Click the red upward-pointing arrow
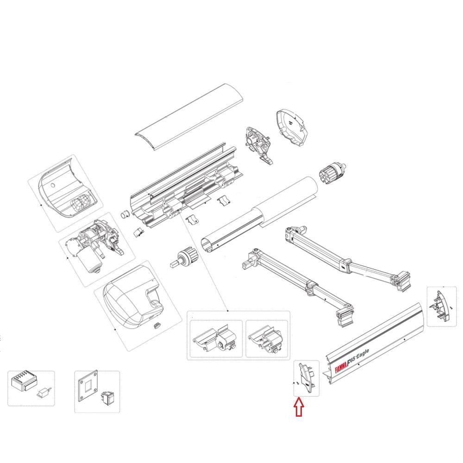[x=299, y=407]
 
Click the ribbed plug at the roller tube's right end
[x=332, y=173]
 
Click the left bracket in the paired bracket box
[x=216, y=340]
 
